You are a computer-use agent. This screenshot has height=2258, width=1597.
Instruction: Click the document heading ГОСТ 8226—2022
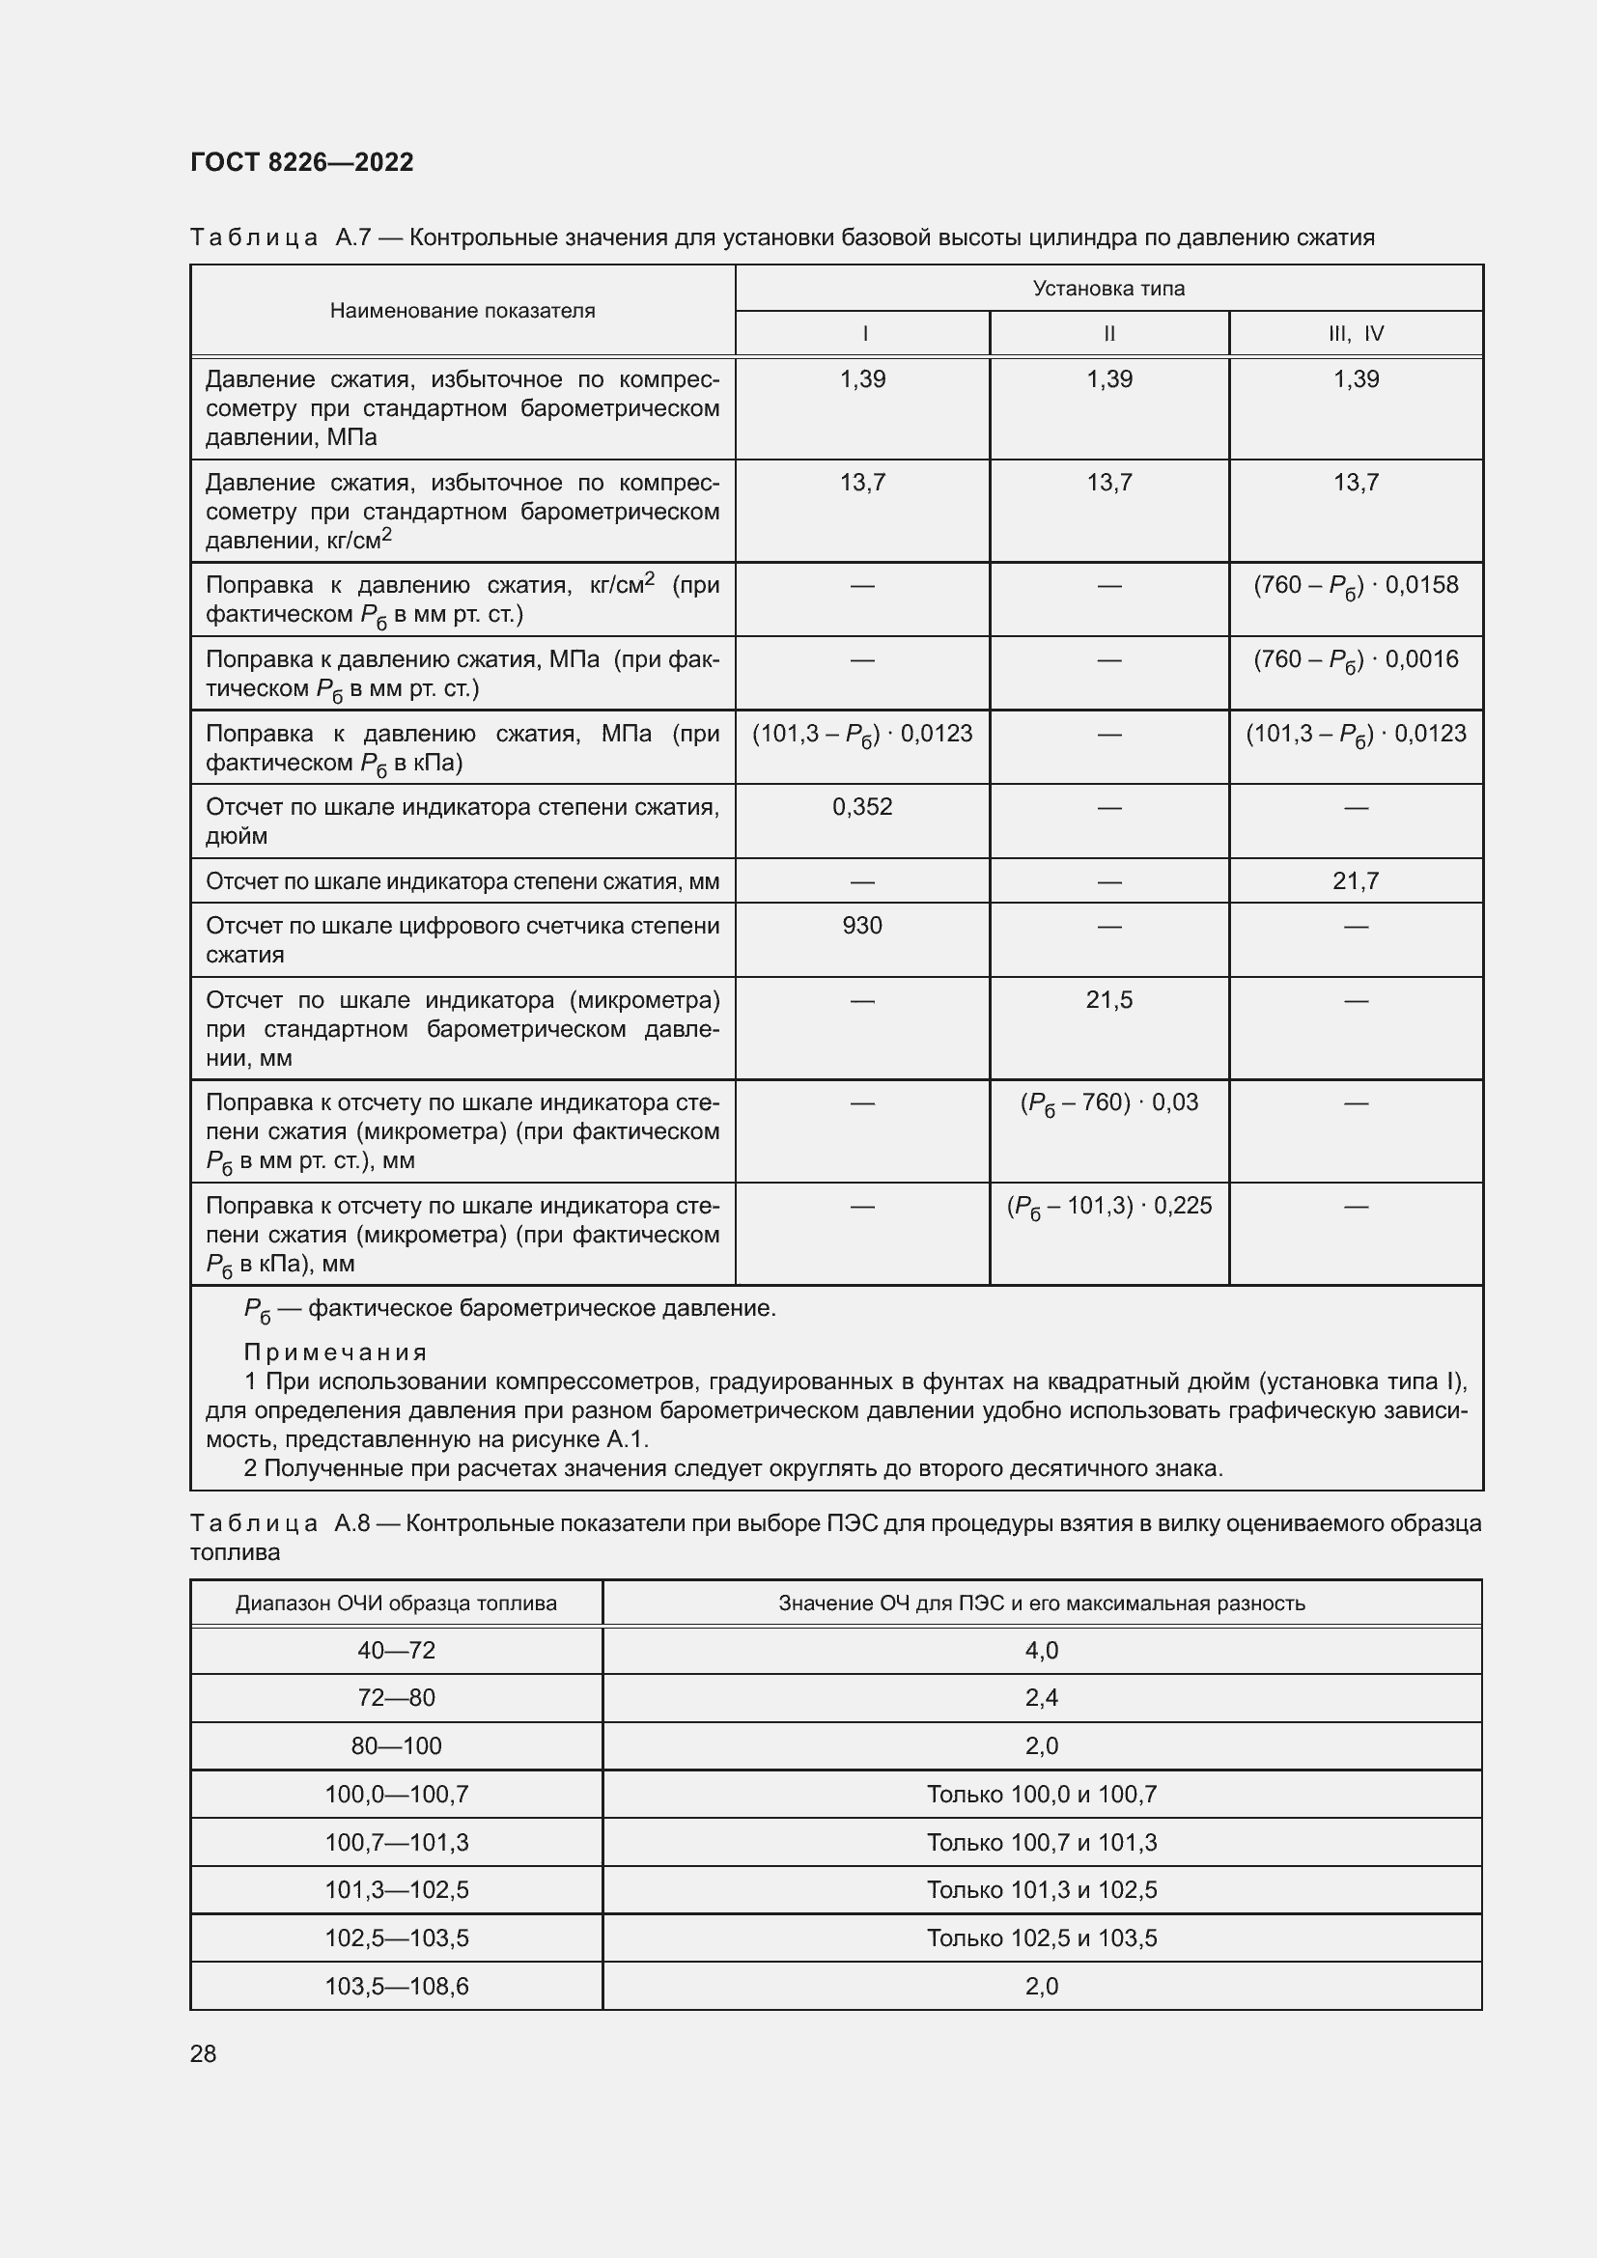point(302,162)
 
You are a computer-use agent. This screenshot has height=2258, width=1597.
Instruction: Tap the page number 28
point(204,2053)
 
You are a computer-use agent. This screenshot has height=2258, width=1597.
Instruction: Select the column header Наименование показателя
point(462,311)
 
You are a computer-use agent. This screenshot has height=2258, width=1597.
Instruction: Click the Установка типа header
point(1108,288)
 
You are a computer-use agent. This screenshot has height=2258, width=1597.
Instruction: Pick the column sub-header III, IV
point(1355,333)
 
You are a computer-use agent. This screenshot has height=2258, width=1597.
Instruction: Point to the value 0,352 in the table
point(861,807)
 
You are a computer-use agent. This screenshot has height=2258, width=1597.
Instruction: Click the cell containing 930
point(861,926)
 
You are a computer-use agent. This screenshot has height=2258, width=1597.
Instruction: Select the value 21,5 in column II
point(1108,1000)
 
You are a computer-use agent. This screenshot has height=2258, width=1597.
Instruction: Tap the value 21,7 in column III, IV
point(1355,881)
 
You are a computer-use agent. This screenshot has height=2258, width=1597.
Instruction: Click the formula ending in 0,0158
point(1355,586)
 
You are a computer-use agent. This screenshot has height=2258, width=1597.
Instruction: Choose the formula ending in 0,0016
point(1355,660)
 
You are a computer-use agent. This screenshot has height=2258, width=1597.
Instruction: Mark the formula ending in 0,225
point(1108,1207)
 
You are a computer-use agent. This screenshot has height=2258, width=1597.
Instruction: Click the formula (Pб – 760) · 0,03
point(1108,1103)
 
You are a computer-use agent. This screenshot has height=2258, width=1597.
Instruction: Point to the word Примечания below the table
point(335,1352)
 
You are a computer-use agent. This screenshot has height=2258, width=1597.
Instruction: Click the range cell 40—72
point(396,1650)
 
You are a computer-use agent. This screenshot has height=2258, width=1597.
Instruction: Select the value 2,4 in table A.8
point(1042,1698)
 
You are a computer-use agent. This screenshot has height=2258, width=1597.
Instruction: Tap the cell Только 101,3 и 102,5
point(1042,1890)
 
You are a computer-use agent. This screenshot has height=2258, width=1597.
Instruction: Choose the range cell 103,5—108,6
point(396,1987)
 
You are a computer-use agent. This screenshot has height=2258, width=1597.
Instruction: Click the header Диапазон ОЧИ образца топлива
point(396,1603)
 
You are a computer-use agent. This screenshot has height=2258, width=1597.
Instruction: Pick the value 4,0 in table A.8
point(1042,1650)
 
